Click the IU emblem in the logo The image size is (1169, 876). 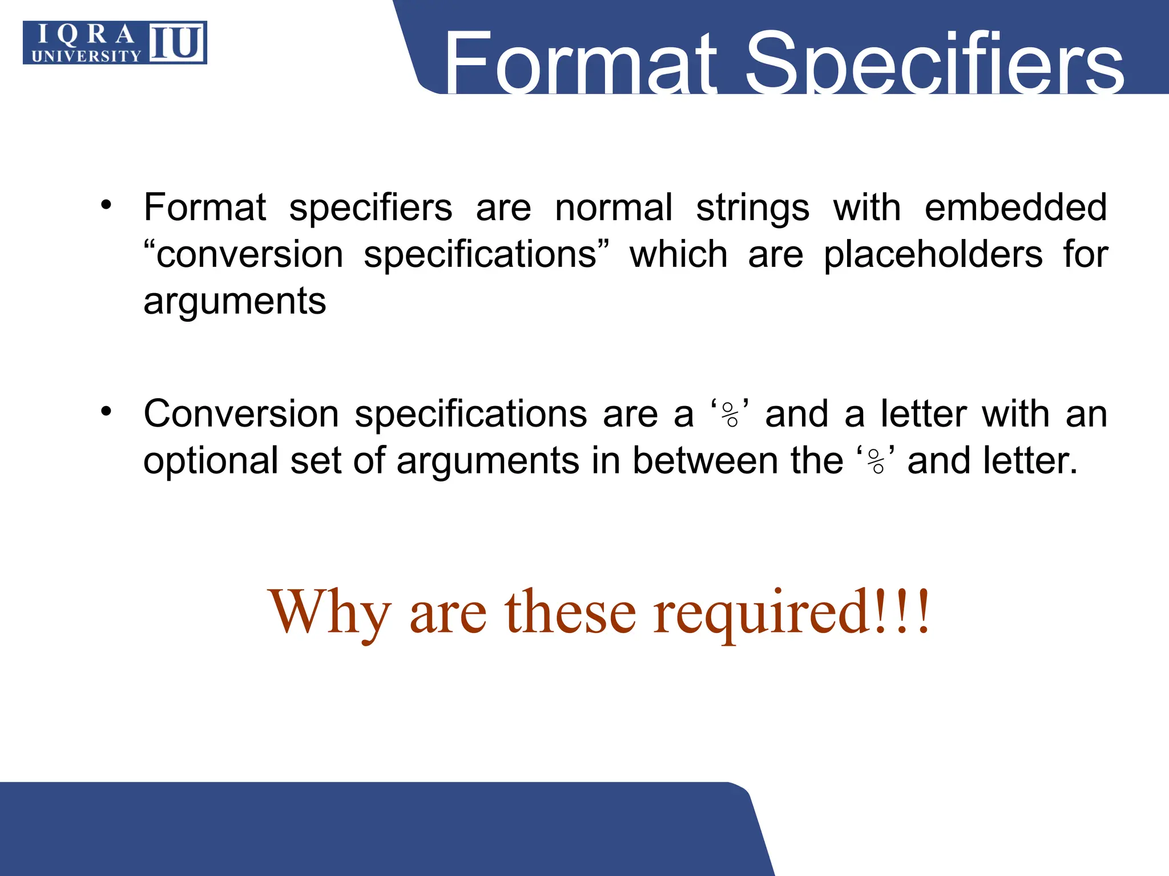coord(177,42)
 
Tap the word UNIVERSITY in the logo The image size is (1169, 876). coord(86,56)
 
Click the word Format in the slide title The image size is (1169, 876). coord(579,63)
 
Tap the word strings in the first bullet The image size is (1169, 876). coord(752,208)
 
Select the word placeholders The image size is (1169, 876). coord(933,254)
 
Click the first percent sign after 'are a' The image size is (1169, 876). coord(730,415)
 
